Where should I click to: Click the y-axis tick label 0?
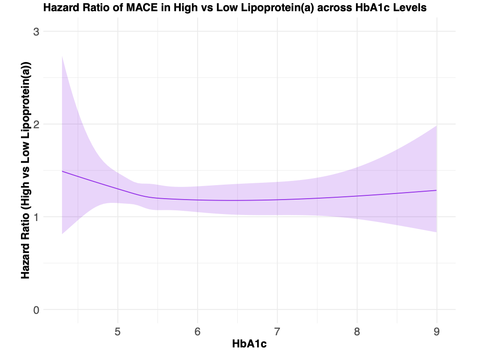pyautogui.click(x=36, y=310)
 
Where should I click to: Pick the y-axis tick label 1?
pyautogui.click(x=36, y=217)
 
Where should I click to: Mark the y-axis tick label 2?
pyautogui.click(x=36, y=124)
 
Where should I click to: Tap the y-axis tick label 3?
pyautogui.click(x=36, y=32)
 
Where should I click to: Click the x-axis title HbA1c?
pyautogui.click(x=250, y=345)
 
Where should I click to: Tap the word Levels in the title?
pyautogui.click(x=410, y=7)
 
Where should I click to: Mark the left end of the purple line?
pyautogui.click(x=62, y=171)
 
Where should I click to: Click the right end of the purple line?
pyautogui.click(x=437, y=190)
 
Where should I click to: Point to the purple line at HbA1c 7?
pyautogui.click(x=277, y=200)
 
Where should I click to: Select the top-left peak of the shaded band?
pyautogui.click(x=62, y=56)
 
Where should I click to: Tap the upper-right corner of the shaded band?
pyautogui.click(x=437, y=126)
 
